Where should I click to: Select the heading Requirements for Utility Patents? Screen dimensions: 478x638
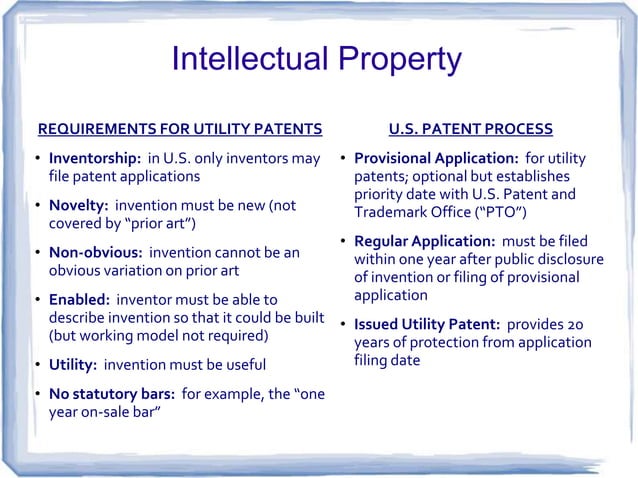pos(179,129)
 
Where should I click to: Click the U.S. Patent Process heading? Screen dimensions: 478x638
pos(470,129)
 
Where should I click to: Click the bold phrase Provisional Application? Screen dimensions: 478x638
pos(435,160)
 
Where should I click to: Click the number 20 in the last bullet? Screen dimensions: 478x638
pos(578,325)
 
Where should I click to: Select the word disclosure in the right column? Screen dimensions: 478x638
pos(568,260)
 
